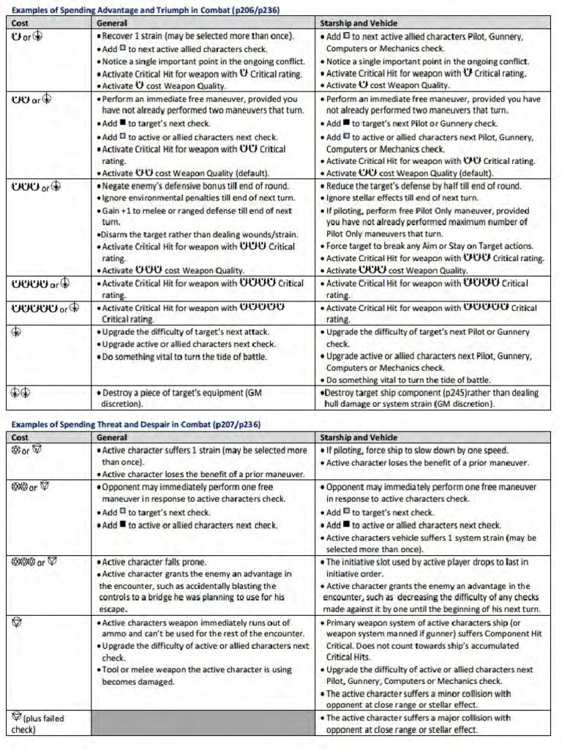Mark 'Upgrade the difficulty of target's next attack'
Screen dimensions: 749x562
click(x=186, y=331)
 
